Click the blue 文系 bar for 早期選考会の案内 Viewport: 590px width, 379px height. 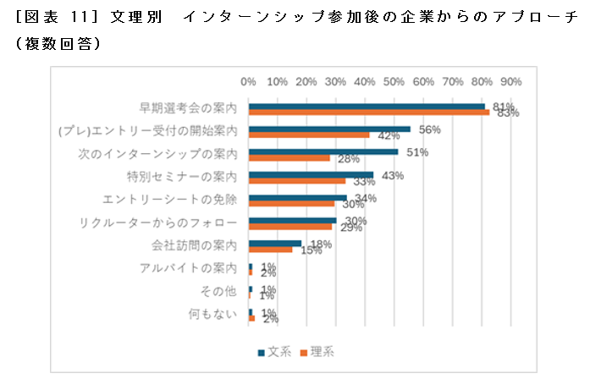click(x=367, y=107)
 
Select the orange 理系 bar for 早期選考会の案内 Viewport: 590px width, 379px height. click(x=369, y=113)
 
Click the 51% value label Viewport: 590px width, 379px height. click(x=417, y=153)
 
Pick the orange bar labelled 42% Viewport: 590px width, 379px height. click(x=310, y=135)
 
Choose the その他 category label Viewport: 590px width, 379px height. click(x=218, y=292)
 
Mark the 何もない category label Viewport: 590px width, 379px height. click(x=212, y=315)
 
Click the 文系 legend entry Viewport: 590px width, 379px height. click(x=276, y=351)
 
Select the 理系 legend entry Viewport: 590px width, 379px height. click(x=318, y=351)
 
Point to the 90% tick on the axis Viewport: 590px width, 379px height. click(x=510, y=81)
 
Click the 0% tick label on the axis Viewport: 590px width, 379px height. click(x=249, y=81)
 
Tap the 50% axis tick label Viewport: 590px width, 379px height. click(x=394, y=81)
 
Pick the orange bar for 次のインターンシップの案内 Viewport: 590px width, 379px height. click(x=289, y=158)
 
